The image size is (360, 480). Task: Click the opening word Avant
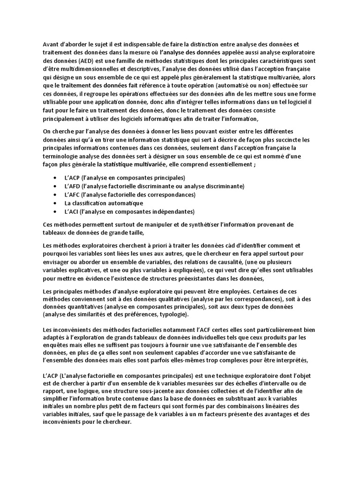coord(51,45)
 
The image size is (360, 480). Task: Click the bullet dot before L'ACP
coord(55,178)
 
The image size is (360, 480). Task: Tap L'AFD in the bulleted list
coord(73,187)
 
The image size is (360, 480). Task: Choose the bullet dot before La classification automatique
coord(55,203)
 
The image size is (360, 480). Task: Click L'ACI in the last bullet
coord(72,212)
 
